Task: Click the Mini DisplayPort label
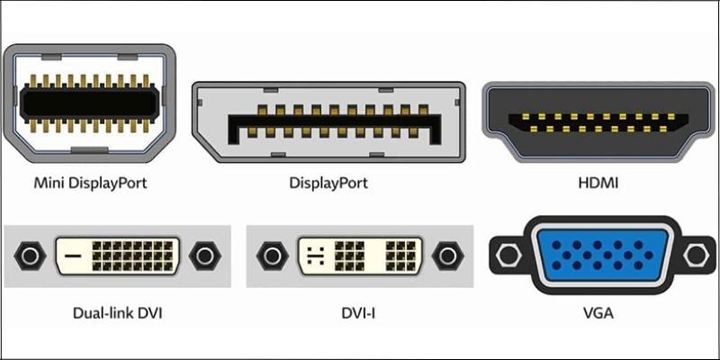[90, 184]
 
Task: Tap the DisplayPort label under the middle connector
[328, 184]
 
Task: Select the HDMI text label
[598, 184]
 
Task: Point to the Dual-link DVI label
[117, 315]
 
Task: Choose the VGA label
[598, 315]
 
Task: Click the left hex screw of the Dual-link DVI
[31, 256]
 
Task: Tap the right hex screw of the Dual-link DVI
[204, 256]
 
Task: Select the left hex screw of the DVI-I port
[270, 256]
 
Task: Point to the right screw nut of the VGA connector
[695, 256]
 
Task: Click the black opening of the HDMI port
[598, 121]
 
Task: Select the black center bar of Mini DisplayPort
[90, 102]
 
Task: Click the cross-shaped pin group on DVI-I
[315, 256]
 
